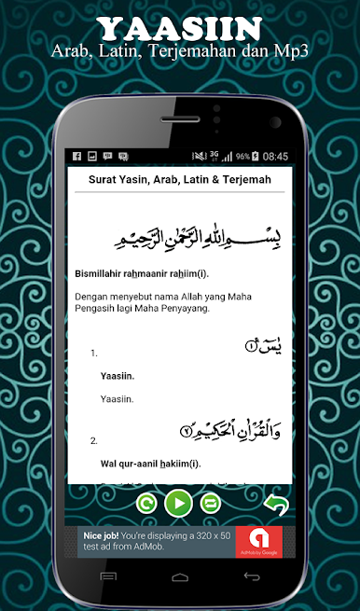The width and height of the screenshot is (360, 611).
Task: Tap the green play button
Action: [x=179, y=504]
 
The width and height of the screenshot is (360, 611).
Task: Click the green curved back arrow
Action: [x=275, y=505]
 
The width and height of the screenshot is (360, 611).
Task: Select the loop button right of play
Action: [x=210, y=505]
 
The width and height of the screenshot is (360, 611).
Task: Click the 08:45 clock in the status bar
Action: [x=275, y=156]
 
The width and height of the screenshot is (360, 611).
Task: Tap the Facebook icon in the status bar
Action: [x=76, y=156]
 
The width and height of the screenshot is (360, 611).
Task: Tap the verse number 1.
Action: [x=94, y=354]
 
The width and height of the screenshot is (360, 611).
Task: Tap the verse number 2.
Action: [x=94, y=439]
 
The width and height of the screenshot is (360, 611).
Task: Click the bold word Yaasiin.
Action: [x=118, y=376]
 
